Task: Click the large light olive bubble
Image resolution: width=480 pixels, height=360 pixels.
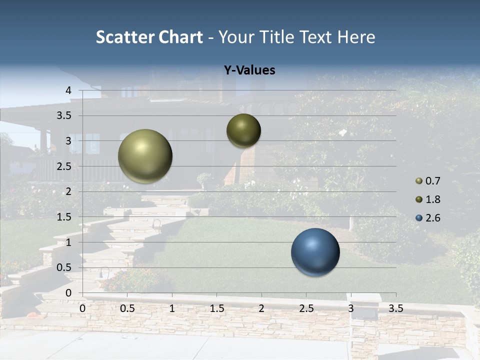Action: (x=145, y=156)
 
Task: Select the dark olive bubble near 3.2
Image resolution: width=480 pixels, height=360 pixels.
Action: (x=243, y=131)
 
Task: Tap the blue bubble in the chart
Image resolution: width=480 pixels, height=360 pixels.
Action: (x=315, y=252)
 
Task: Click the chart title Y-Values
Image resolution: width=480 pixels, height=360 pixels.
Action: (x=249, y=70)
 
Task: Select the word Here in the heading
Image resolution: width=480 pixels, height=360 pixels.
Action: (x=356, y=37)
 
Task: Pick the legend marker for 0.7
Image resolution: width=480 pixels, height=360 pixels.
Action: (x=419, y=181)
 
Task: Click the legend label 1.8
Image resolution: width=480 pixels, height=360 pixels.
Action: (x=432, y=199)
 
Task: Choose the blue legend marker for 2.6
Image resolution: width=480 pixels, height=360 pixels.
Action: (x=419, y=218)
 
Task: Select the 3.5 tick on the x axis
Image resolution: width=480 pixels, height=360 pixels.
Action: (x=395, y=308)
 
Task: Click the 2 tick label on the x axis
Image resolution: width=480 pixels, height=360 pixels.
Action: (x=261, y=308)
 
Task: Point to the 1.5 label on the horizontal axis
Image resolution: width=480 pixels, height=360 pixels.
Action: (x=216, y=308)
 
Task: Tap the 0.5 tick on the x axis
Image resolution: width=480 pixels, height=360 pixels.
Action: (x=127, y=308)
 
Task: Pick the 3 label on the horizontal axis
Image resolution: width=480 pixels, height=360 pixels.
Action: (x=351, y=308)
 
